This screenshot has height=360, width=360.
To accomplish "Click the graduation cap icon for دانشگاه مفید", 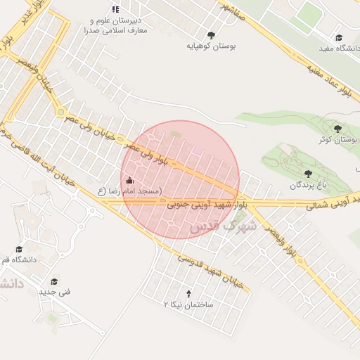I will [x=338, y=37].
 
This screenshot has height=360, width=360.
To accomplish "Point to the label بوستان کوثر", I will [x=338, y=139].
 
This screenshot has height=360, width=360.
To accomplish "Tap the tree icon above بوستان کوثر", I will [x=338, y=129].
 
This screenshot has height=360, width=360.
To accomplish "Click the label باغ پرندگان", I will [x=308, y=184].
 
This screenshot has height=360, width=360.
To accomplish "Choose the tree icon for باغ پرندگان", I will [x=308, y=173].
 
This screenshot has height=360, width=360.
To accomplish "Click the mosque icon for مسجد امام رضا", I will [x=129, y=180].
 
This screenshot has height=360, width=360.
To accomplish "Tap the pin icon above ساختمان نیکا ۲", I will [x=188, y=293].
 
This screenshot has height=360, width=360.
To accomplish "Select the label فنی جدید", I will [x=54, y=291].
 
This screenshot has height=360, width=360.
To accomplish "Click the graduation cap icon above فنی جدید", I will [x=52, y=280].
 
